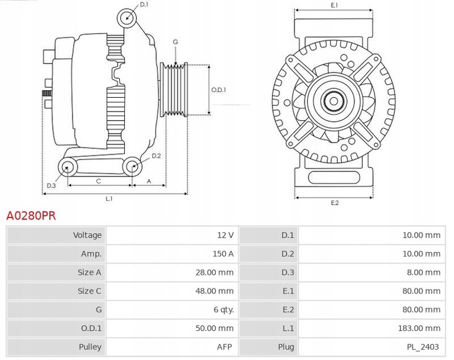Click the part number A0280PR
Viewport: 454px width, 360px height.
click(x=31, y=216)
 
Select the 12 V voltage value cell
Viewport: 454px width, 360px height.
click(x=225, y=235)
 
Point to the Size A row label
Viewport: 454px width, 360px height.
click(x=89, y=272)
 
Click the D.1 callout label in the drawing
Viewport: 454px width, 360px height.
click(x=144, y=5)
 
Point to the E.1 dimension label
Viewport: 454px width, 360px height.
click(x=334, y=5)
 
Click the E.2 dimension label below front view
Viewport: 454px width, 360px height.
click(x=334, y=202)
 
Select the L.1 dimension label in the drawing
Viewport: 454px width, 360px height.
click(x=108, y=199)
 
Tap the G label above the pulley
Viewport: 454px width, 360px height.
click(x=175, y=42)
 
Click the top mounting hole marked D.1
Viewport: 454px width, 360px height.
click(x=127, y=17)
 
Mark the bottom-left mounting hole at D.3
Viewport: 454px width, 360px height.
click(x=67, y=167)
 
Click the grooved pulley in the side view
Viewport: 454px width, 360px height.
click(x=174, y=90)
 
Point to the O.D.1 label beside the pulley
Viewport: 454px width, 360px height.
click(x=218, y=90)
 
